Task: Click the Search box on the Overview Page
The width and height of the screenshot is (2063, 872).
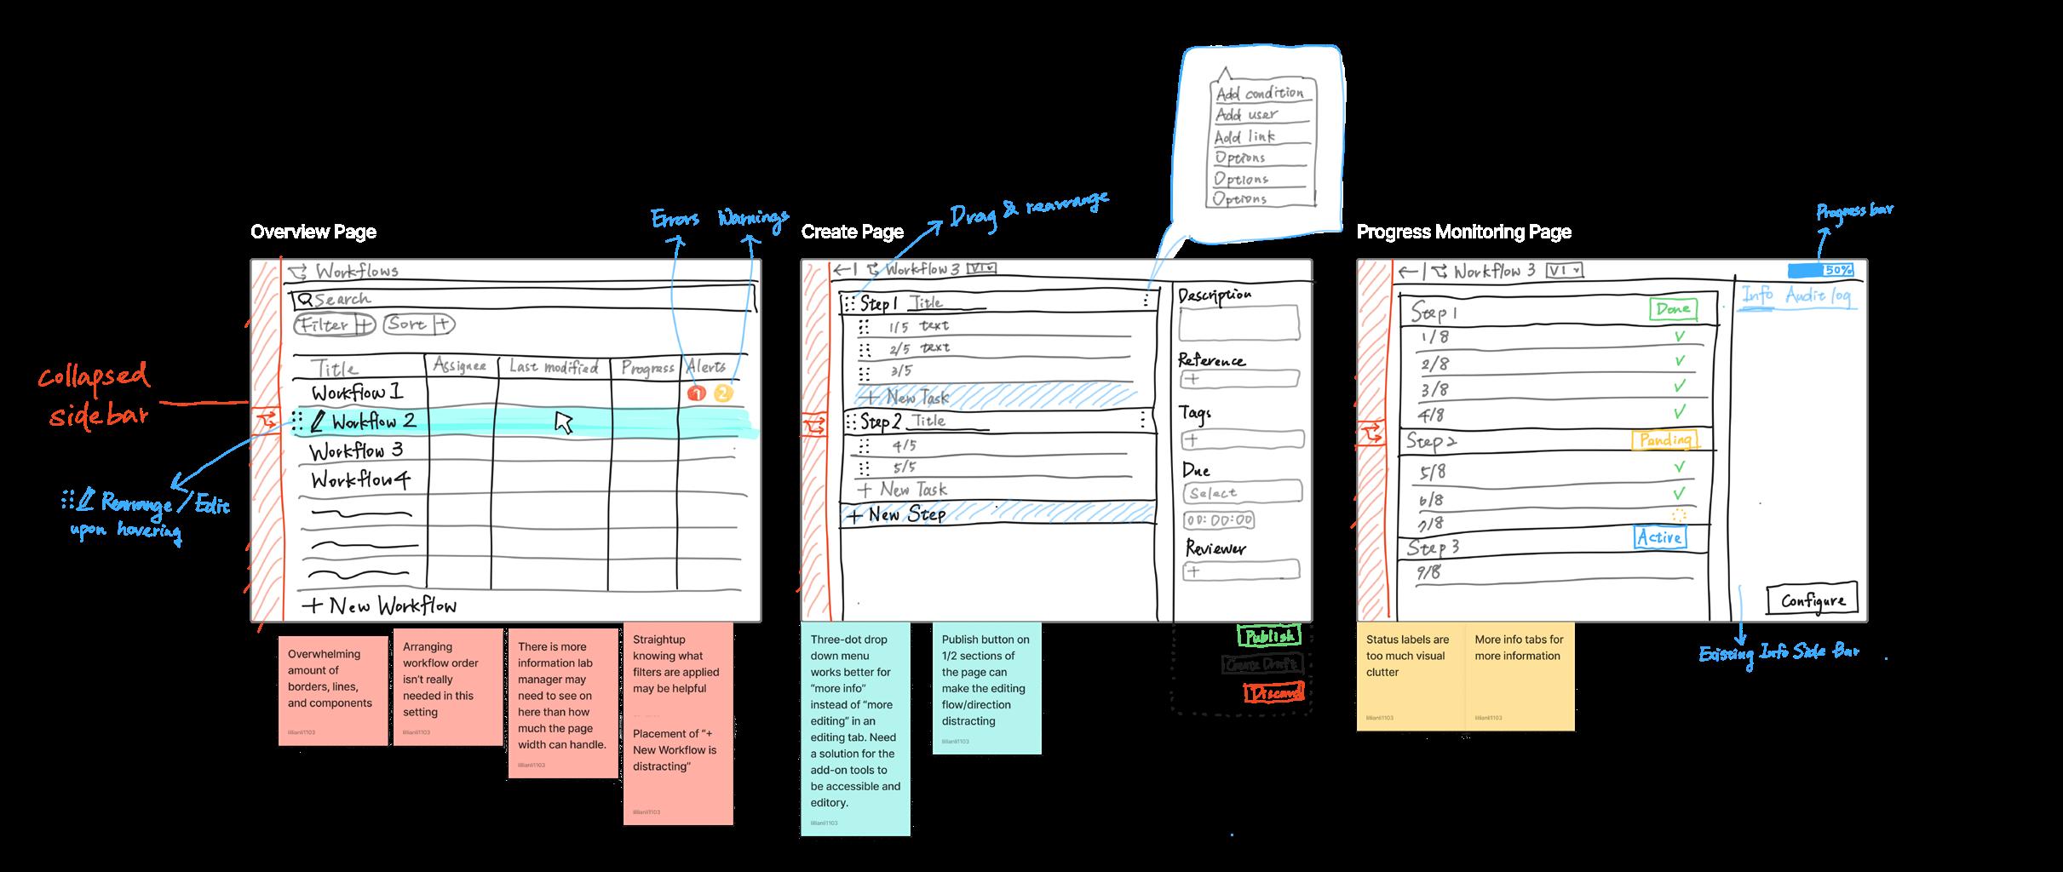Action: coord(521,300)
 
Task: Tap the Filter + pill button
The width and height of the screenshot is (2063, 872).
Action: coord(334,324)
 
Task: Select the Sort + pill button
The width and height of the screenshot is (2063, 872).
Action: coord(418,324)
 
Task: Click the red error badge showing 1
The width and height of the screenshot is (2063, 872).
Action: coord(697,393)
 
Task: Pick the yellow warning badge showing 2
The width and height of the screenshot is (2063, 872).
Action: coord(723,393)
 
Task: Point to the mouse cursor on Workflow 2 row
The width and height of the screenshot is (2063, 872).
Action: coord(563,422)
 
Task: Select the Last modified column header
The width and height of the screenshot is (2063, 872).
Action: coord(554,367)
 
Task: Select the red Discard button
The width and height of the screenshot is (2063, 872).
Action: coord(1273,693)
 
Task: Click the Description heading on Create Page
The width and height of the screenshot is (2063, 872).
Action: coord(1215,295)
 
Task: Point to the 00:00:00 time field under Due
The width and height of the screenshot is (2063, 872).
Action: coord(1219,520)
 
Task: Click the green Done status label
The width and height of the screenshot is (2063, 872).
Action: coord(1672,309)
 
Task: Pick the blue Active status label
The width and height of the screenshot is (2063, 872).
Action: coord(1659,537)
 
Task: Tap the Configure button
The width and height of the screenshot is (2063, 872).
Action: coord(1812,600)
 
